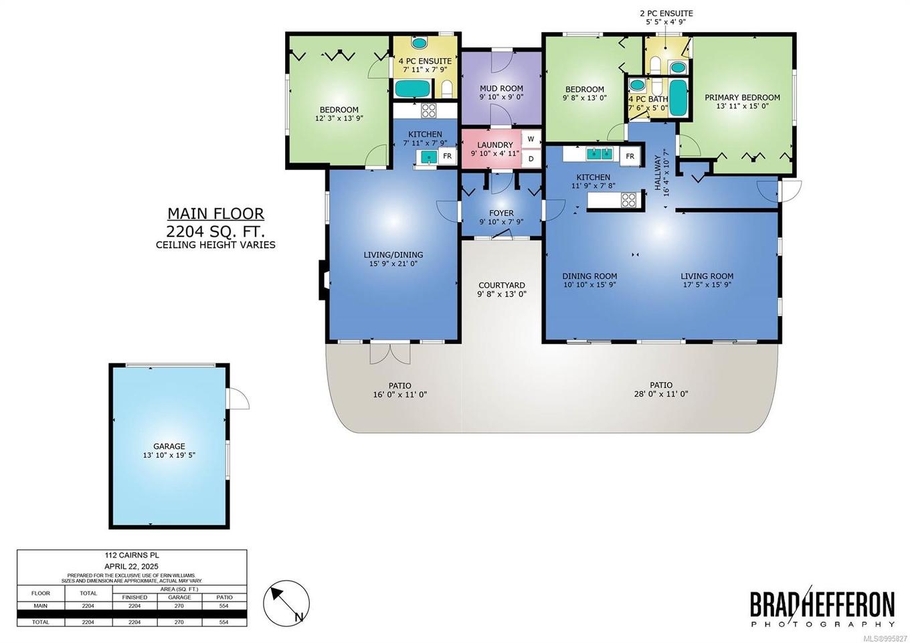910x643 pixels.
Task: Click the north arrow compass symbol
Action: (286, 603)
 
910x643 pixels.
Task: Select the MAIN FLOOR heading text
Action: (215, 214)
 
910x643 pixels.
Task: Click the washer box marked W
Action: (531, 139)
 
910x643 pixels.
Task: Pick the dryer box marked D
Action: (531, 159)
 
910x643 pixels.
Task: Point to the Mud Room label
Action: (501, 88)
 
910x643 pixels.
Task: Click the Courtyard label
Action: (501, 285)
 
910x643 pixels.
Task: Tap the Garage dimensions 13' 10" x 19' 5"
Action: (169, 455)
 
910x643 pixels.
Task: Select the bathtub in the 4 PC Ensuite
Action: (407, 88)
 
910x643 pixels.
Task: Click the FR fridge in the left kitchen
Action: (447, 157)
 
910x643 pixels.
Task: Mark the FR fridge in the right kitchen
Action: (629, 157)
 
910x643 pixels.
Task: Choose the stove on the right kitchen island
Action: (628, 199)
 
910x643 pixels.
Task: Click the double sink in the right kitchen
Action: (600, 154)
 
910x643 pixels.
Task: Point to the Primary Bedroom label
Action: (742, 97)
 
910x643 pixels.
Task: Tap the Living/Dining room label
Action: (393, 254)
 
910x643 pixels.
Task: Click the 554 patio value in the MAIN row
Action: (223, 606)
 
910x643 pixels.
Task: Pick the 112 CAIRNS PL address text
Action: (132, 555)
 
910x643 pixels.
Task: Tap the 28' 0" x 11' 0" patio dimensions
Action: (660, 394)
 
